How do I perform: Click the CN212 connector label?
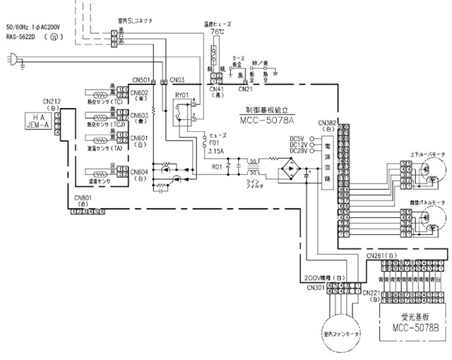(x=52, y=102)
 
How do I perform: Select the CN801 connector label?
(x=83, y=198)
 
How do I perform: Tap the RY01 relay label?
(x=182, y=94)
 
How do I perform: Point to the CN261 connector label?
(x=381, y=254)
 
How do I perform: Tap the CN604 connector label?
(x=140, y=172)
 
